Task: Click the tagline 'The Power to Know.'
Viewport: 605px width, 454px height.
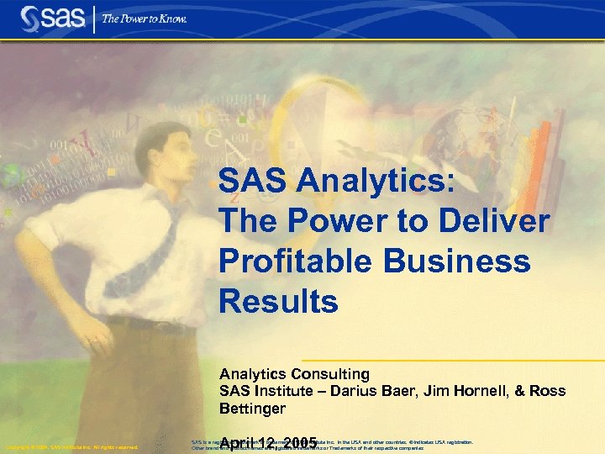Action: coord(144,18)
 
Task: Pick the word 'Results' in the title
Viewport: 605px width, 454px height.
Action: coord(278,301)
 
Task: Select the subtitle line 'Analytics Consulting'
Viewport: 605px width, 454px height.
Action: coord(294,373)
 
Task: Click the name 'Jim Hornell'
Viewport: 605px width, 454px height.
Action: coord(478,391)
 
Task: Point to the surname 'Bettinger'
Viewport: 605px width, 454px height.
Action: coord(252,409)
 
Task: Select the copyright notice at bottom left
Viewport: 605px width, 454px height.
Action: coord(71,446)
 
